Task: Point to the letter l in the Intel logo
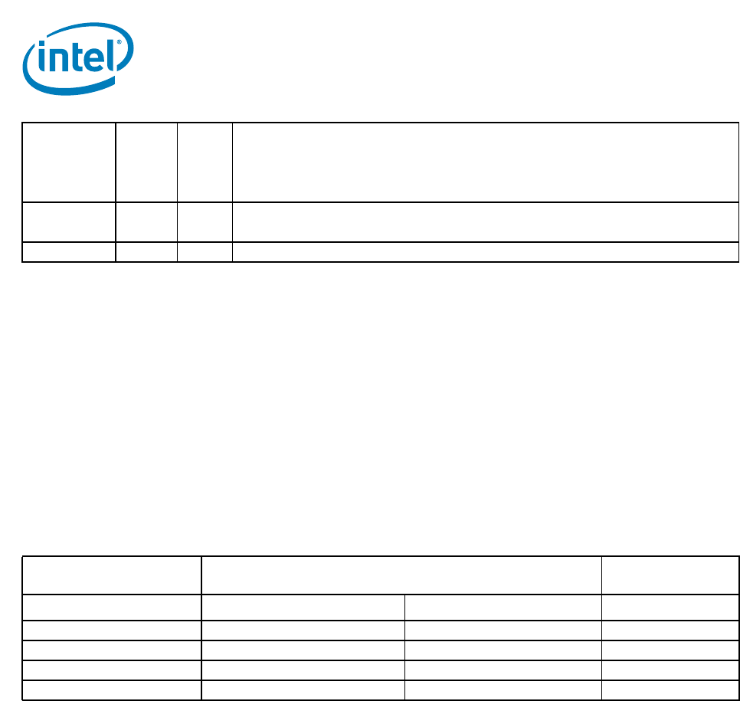pyautogui.click(x=113, y=54)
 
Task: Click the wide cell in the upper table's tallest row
pyautogui.click(x=485, y=162)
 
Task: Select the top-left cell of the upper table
pyautogui.click(x=69, y=162)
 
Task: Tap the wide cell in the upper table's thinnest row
pyautogui.click(x=485, y=252)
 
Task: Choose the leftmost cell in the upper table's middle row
pyautogui.click(x=69, y=222)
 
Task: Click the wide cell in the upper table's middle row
pyautogui.click(x=485, y=222)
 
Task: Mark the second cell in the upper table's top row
pyautogui.click(x=146, y=162)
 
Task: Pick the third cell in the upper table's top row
pyautogui.click(x=205, y=162)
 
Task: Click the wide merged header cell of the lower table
pyautogui.click(x=401, y=575)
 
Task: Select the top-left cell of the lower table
pyautogui.click(x=112, y=575)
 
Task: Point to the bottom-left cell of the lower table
pyautogui.click(x=112, y=690)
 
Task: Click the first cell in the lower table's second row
pyautogui.click(x=112, y=608)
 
